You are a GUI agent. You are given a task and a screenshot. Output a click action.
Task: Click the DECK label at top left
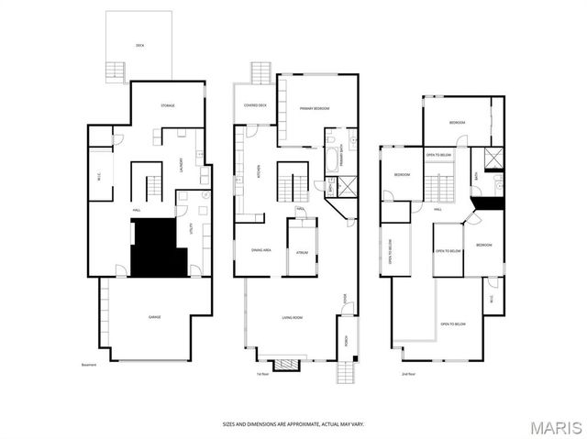point(140,44)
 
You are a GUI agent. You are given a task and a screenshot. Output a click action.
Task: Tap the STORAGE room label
point(168,105)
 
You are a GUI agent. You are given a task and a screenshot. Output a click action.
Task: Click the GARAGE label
point(155,317)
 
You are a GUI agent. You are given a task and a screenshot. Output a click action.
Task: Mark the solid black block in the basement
point(158,247)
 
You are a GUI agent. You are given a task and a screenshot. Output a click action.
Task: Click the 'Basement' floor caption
point(88,366)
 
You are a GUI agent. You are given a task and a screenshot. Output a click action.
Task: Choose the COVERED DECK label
point(255,105)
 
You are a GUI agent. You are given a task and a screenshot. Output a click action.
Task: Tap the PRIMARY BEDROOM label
point(314,109)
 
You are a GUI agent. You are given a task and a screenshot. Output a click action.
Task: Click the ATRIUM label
point(300,249)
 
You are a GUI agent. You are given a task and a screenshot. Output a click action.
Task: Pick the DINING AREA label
point(260,249)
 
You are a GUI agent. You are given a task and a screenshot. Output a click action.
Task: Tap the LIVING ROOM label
point(292,317)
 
